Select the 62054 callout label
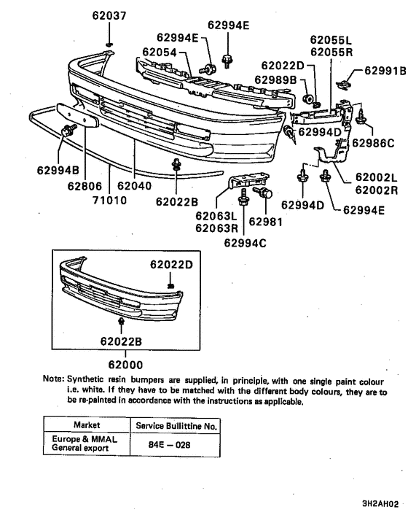[160, 52]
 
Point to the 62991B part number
[381, 71]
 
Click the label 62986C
[373, 143]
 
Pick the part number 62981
[264, 221]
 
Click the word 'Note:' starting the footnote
[54, 379]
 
